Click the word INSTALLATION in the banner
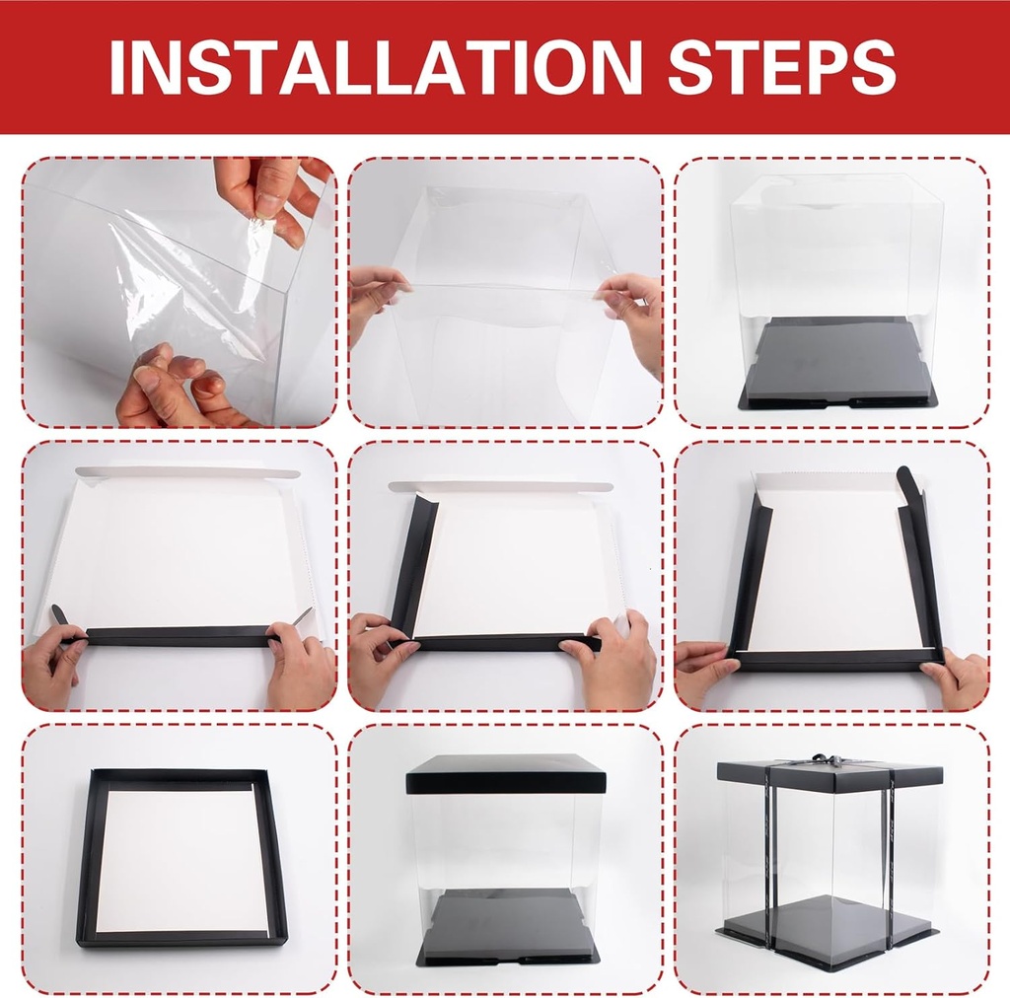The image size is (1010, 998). (x=376, y=68)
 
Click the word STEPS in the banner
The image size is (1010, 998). (x=781, y=68)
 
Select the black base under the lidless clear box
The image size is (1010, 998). (x=830, y=365)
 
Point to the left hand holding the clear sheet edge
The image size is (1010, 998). (x=377, y=297)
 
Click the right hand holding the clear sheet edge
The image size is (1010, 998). (x=631, y=316)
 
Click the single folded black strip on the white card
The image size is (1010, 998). (x=174, y=636)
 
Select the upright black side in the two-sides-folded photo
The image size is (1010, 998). (x=414, y=565)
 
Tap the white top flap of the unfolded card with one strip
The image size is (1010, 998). (x=187, y=472)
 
